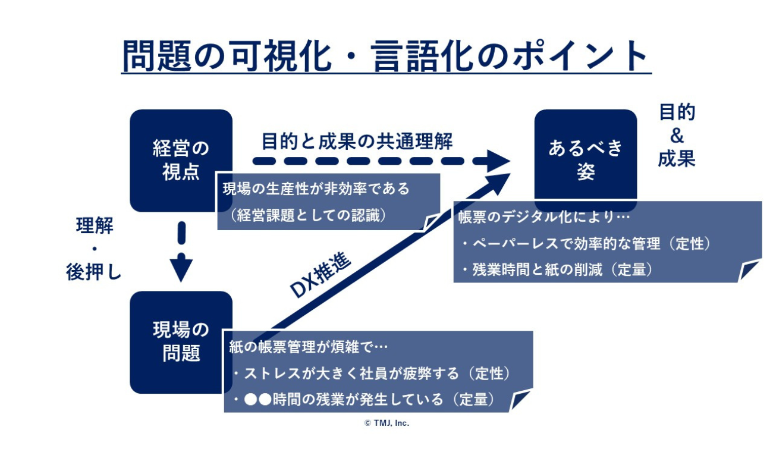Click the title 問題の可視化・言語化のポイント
pos(386,56)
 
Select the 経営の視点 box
pos(181,160)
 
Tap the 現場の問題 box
pos(181,341)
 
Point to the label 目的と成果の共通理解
pos(357,141)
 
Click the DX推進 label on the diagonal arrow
pos(321,274)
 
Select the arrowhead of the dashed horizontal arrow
pos(497,161)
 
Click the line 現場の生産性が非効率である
pos(316,189)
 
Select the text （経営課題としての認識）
pos(307,216)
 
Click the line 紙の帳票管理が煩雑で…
pos(309,347)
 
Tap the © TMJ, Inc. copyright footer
pos(386,423)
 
